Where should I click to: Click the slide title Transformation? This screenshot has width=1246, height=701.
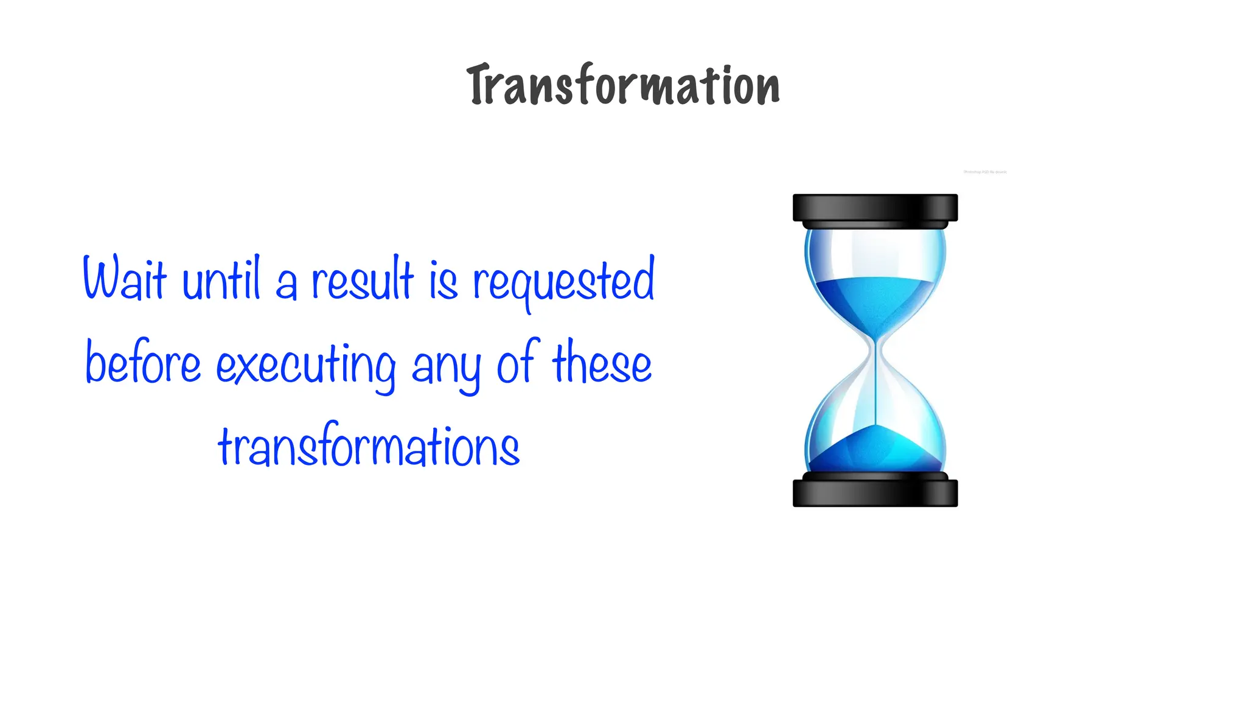[623, 85]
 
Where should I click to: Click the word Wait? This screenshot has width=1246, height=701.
[124, 279]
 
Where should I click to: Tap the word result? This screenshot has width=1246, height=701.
[363, 280]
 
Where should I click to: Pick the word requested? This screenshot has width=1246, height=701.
[563, 281]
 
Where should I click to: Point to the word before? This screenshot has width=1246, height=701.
[143, 363]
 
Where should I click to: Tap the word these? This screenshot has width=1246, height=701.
[602, 363]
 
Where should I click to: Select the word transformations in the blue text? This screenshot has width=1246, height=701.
[369, 445]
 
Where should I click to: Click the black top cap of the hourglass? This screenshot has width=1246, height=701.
[875, 208]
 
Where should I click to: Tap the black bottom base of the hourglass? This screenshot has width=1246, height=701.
[875, 493]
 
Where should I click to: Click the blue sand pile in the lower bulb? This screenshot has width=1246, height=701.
[875, 450]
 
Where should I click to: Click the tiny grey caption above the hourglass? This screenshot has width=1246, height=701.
[985, 172]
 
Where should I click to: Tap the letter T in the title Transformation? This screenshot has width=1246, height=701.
[481, 85]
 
